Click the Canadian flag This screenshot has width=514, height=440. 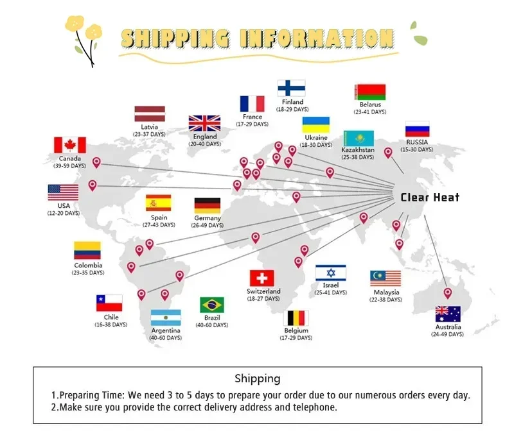(x=69, y=145)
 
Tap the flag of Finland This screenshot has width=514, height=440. (x=291, y=88)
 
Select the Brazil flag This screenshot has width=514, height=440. (x=211, y=305)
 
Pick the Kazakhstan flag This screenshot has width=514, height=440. (x=358, y=139)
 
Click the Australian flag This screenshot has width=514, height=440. (x=448, y=314)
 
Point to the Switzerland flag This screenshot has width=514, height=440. (x=261, y=278)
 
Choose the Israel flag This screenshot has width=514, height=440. (x=330, y=273)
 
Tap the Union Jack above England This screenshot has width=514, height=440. (x=204, y=123)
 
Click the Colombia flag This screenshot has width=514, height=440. (x=87, y=250)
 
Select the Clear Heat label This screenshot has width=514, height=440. (x=430, y=198)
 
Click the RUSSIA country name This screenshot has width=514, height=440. (x=417, y=142)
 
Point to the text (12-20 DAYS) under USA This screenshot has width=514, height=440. (x=63, y=213)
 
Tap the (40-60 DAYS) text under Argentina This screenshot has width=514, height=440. (x=165, y=338)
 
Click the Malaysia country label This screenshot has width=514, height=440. (x=385, y=292)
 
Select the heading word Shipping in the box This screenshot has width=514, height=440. (x=257, y=378)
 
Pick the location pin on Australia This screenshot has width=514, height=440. (x=448, y=294)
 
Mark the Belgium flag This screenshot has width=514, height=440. (x=296, y=318)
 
